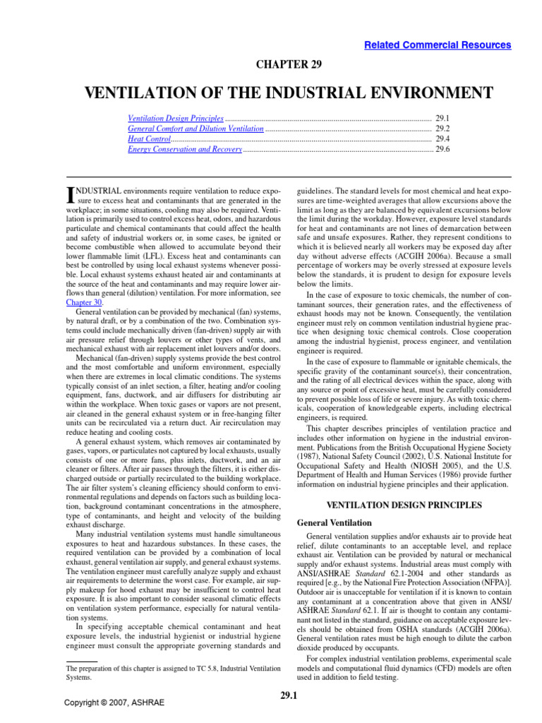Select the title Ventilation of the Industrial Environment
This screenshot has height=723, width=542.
tap(288, 93)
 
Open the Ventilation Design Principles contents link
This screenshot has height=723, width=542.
tap(176, 119)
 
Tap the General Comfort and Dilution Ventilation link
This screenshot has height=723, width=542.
tap(195, 129)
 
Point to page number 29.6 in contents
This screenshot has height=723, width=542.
tap(443, 149)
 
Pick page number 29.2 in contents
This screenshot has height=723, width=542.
tap(443, 129)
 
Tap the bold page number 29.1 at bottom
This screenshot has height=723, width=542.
tap(288, 698)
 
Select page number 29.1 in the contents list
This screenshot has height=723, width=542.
tap(443, 119)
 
